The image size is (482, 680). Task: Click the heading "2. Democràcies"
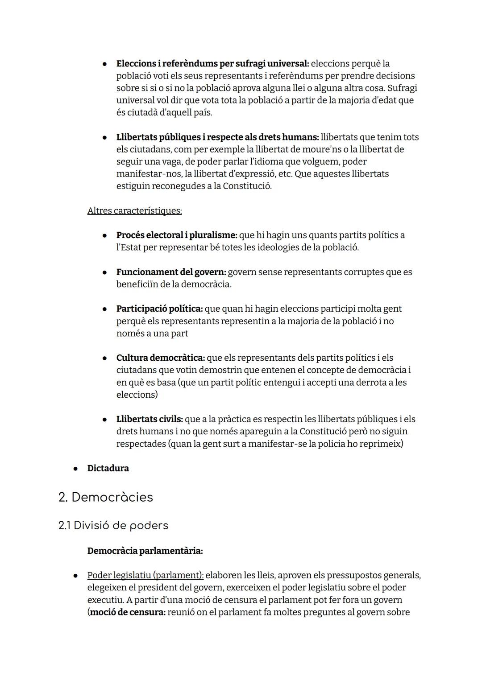(105, 497)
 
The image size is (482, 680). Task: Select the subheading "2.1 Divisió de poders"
(113, 525)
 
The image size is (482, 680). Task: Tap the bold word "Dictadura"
(108, 468)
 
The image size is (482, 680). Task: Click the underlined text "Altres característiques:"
(134, 210)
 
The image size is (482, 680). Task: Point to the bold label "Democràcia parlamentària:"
(145, 551)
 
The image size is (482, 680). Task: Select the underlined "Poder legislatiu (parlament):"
(145, 575)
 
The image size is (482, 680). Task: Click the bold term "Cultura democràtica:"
(161, 358)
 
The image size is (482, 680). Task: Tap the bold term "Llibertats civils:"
(150, 419)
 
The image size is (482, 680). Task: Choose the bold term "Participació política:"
(159, 309)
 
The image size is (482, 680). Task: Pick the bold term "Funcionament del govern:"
(171, 272)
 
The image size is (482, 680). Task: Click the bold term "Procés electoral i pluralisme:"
(177, 235)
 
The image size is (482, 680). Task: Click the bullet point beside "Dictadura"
(76, 469)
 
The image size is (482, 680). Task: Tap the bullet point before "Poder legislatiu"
(76, 576)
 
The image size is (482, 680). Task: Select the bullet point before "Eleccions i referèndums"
(104, 64)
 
